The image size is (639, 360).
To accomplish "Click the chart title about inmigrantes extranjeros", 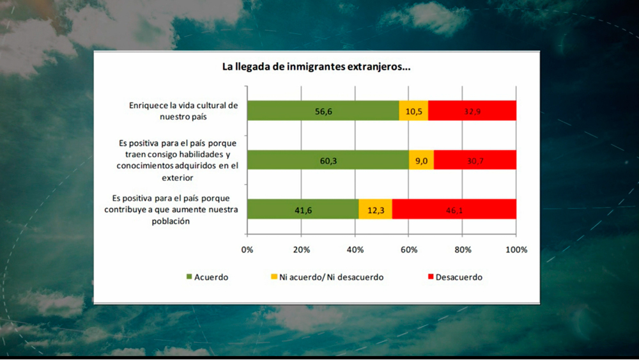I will [x=316, y=67].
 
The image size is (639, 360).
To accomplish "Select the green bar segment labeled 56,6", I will [x=323, y=111].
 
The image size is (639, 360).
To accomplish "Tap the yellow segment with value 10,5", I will [x=413, y=111].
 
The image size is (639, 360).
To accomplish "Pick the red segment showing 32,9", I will [x=472, y=111].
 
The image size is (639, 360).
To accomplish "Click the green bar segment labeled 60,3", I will [x=328, y=160].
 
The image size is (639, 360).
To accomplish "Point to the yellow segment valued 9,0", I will [x=421, y=160].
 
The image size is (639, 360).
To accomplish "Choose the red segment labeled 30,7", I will [x=475, y=160].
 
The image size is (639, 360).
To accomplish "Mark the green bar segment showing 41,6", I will [x=303, y=209].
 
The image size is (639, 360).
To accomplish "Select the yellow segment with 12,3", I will [x=376, y=209].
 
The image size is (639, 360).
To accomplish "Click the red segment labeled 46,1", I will [x=454, y=209].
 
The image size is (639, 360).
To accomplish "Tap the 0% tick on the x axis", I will [x=247, y=249].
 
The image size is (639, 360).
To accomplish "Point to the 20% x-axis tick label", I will [x=301, y=249].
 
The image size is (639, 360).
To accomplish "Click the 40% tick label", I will [x=355, y=249].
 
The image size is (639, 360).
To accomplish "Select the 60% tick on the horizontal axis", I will [x=409, y=249].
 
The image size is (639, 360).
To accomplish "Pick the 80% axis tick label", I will [x=463, y=249].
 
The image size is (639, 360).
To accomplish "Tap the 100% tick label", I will [x=516, y=249].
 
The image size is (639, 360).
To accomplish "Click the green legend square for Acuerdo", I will [x=189, y=278].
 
